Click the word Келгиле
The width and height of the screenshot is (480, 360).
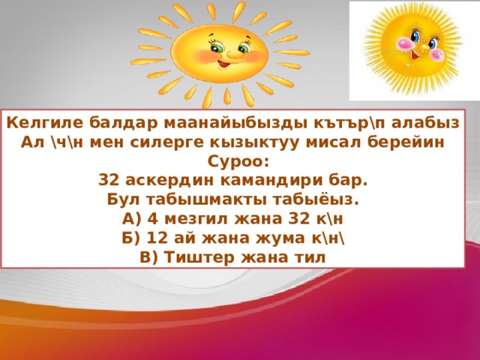point(45,123)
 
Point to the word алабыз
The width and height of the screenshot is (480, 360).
point(425,123)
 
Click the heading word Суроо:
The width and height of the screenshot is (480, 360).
point(238,162)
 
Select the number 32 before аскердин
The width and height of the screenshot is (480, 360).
point(109,181)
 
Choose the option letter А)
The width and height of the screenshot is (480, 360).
point(132,219)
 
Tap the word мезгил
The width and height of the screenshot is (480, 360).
point(196,219)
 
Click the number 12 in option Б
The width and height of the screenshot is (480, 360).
point(157,238)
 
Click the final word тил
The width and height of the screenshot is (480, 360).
point(310,257)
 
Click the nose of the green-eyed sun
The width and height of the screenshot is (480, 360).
point(233,55)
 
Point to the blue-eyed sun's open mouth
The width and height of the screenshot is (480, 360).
point(415,55)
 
